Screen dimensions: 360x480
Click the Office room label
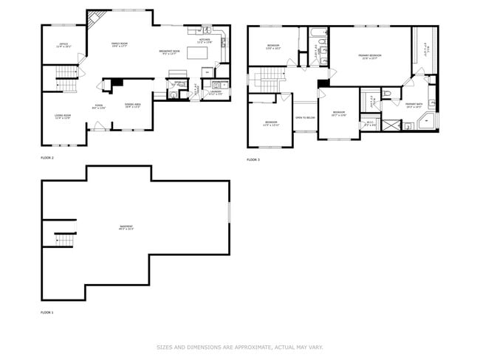(x=64, y=45)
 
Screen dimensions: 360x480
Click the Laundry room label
(x=216, y=93)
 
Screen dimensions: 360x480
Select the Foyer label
(x=99, y=105)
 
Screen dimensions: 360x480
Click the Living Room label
(x=62, y=117)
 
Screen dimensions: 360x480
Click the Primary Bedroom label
(x=369, y=57)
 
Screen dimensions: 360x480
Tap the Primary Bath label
(x=414, y=105)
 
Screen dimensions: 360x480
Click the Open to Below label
(x=305, y=117)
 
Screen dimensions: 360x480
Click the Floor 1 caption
(x=47, y=312)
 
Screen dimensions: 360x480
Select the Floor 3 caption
(x=253, y=159)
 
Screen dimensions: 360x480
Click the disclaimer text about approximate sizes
(x=239, y=346)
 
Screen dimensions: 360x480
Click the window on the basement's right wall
(x=229, y=212)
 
